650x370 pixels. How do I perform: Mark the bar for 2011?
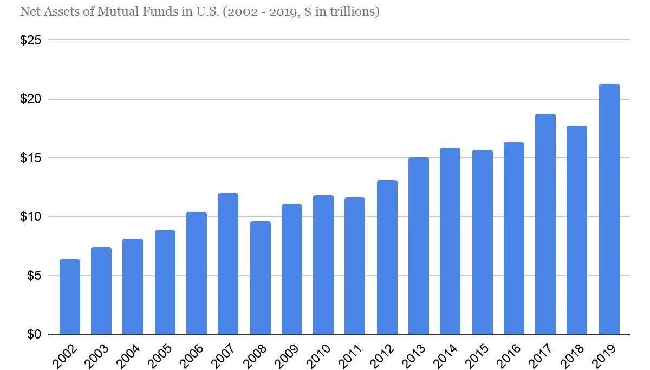point(355,266)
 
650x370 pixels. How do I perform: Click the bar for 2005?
point(165,282)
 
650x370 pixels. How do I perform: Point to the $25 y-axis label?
point(31,40)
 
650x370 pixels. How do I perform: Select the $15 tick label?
point(31,158)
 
